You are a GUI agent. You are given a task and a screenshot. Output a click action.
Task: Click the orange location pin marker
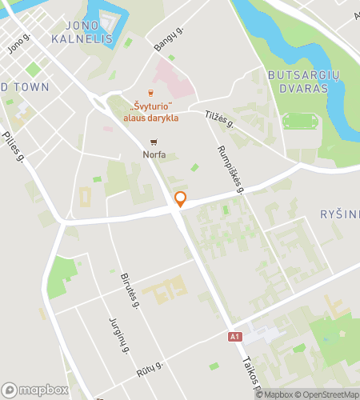point(181,199)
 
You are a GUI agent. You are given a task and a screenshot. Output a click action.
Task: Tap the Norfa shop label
point(154,154)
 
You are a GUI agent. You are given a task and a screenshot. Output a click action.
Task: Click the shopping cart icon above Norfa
point(154,142)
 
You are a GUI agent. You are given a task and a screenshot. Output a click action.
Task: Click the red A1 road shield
point(234,337)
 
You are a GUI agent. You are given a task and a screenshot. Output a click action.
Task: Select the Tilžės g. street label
point(218,119)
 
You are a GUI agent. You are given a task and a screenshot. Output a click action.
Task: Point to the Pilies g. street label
point(11,146)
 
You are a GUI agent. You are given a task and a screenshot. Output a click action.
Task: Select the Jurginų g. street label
point(118,334)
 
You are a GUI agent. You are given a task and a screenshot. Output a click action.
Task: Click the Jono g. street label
point(18,44)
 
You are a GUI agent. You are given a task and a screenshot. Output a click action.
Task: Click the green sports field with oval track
point(300,122)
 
